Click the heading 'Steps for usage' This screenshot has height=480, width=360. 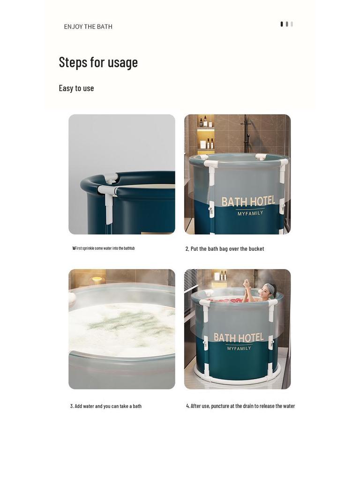(x=98, y=62)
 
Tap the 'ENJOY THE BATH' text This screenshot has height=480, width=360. (x=88, y=27)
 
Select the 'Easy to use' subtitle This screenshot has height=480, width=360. (x=76, y=88)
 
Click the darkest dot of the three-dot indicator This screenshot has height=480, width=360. (x=282, y=24)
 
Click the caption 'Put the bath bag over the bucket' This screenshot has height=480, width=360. (x=225, y=249)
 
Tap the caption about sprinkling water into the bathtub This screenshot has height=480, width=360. (x=104, y=248)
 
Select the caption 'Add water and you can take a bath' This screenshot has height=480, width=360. (x=106, y=406)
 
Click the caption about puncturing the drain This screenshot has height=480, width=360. (x=240, y=406)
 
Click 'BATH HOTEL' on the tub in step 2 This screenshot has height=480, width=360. (x=248, y=202)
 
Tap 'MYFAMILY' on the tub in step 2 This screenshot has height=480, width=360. (x=250, y=214)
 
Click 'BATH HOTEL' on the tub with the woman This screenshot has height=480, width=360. (x=239, y=337)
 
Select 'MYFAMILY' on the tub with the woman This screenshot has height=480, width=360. (x=239, y=348)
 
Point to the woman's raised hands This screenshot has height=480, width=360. (x=247, y=283)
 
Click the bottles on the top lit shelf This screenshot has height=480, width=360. (x=205, y=122)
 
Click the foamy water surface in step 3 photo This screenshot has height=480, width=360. (x=122, y=328)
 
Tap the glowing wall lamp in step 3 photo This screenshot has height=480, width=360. (x=97, y=280)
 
